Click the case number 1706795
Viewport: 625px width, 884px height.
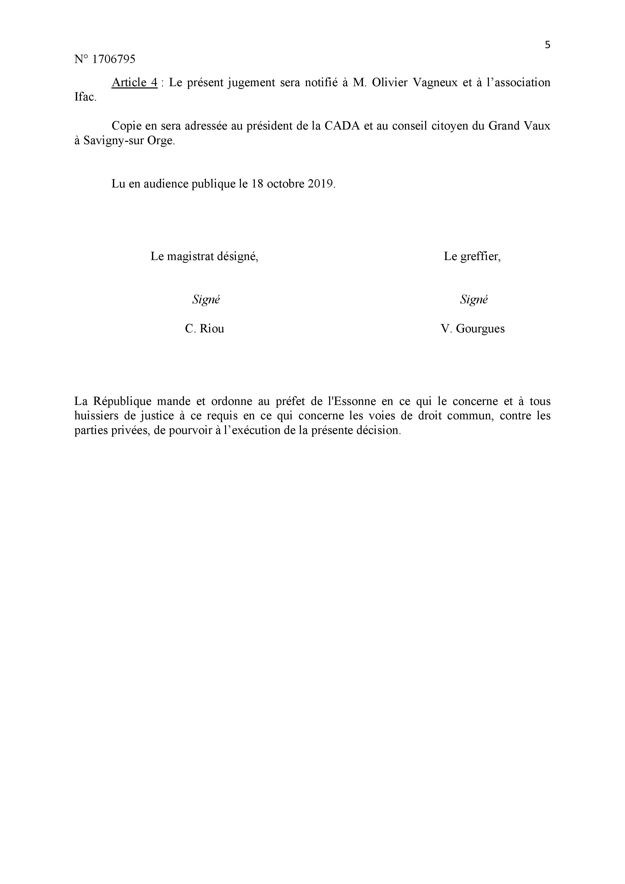[114, 59]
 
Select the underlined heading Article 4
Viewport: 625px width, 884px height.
[134, 82]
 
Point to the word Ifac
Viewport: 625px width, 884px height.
[85, 97]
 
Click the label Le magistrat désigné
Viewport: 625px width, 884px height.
[204, 257]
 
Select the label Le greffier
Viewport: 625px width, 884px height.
[472, 257]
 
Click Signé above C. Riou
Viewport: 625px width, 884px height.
[206, 300]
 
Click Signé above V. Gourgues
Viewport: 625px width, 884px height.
[474, 300]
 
